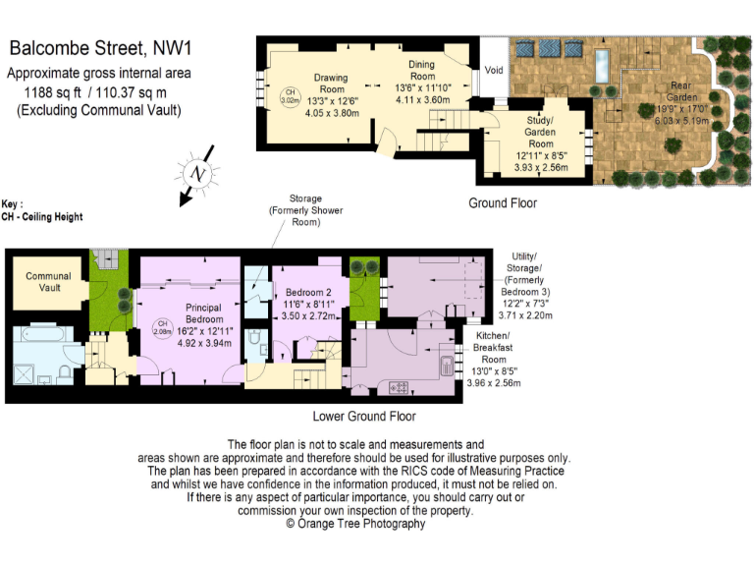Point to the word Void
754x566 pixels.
click(494, 69)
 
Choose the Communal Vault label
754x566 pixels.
click(48, 282)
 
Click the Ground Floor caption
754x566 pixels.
click(503, 203)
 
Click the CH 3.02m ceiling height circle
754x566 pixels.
click(290, 96)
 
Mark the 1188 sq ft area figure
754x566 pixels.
click(57, 91)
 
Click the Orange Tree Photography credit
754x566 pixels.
click(355, 524)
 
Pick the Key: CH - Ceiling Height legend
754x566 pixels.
click(41, 211)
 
